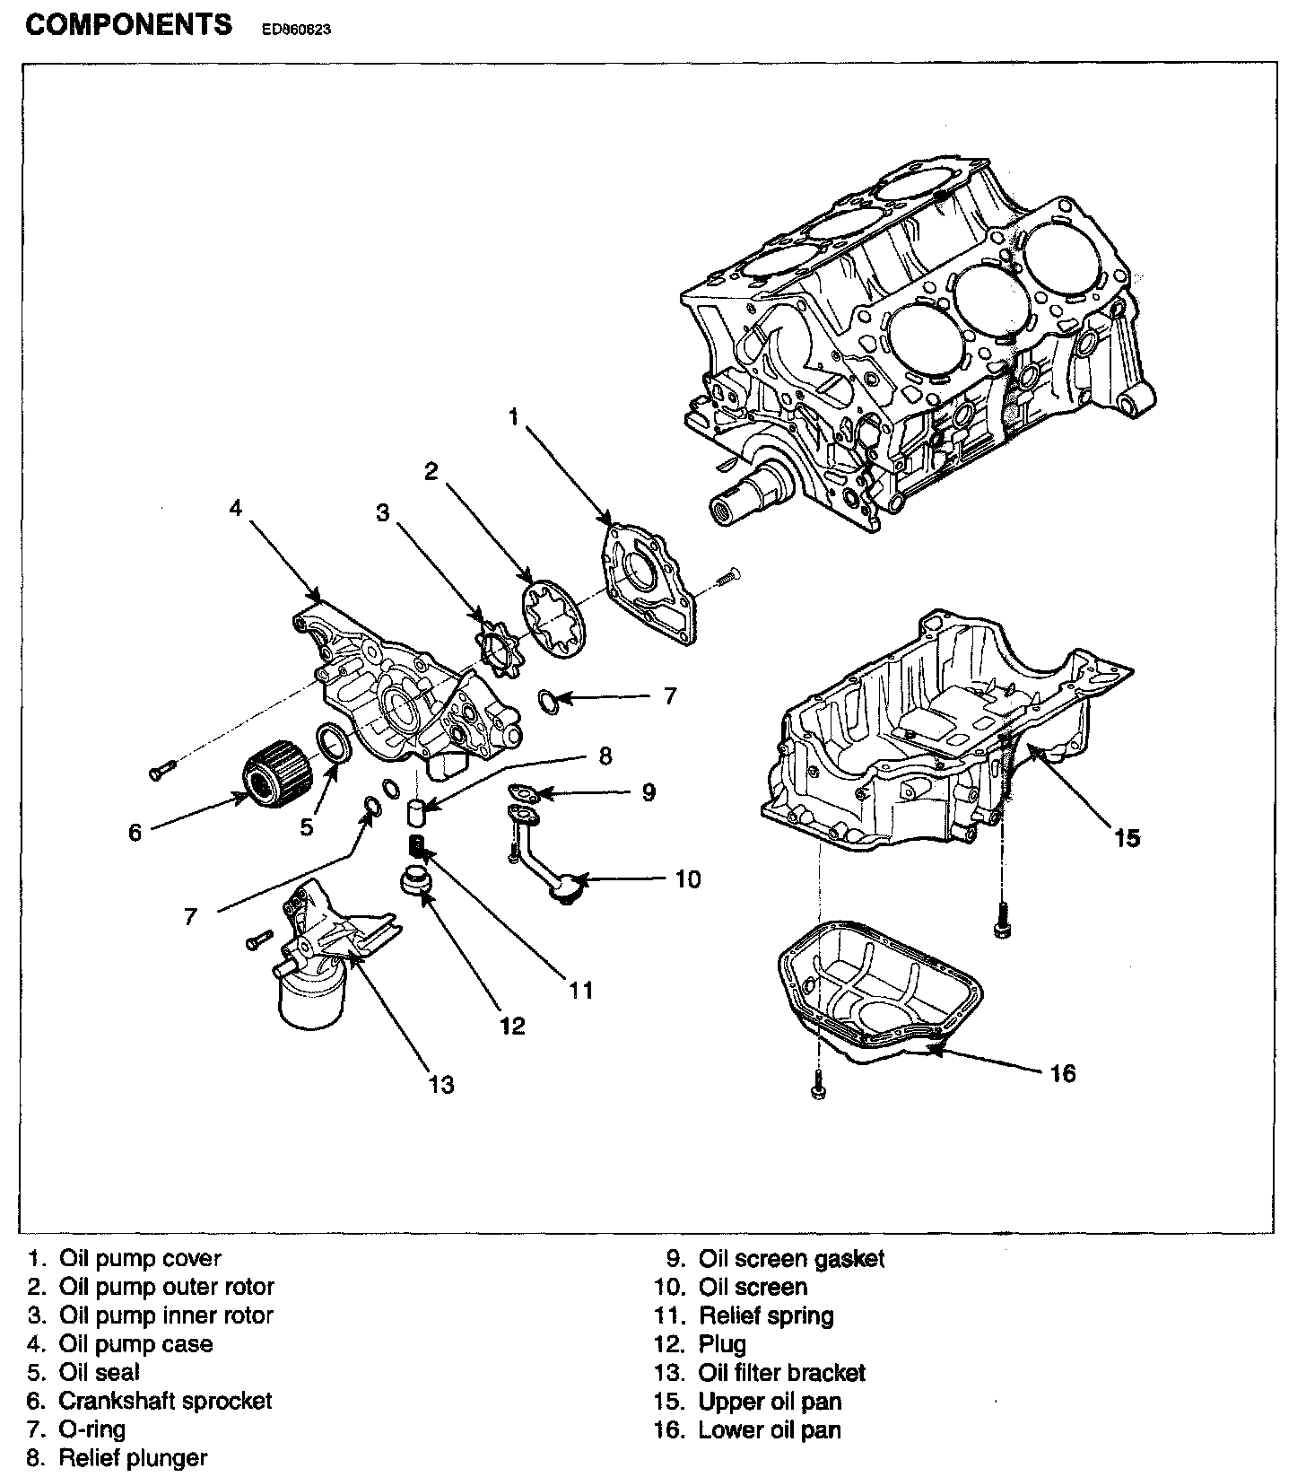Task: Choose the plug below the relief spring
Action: click(x=416, y=878)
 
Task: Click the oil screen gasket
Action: click(x=520, y=792)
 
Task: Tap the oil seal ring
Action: click(x=334, y=744)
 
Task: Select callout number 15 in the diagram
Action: click(x=1127, y=838)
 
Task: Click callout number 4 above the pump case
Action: click(x=235, y=508)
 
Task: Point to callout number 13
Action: click(x=440, y=1085)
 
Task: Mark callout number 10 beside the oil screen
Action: click(x=688, y=879)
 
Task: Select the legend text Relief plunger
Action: click(x=133, y=1458)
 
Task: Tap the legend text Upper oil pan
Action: click(x=770, y=1401)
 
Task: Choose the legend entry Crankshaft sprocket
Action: click(x=165, y=1401)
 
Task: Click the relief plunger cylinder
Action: click(x=416, y=812)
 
